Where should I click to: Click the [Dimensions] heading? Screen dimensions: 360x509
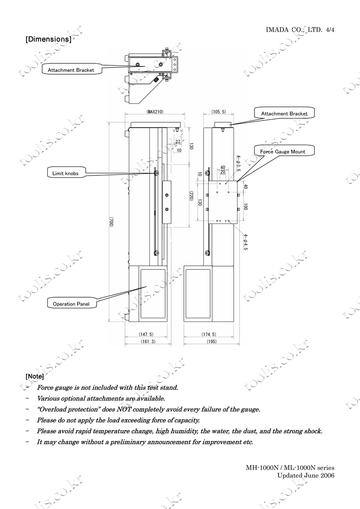tap(49, 39)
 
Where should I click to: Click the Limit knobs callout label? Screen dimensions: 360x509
tap(65, 174)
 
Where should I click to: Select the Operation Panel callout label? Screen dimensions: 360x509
tap(71, 304)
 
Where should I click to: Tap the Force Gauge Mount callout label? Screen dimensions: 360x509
tap(283, 152)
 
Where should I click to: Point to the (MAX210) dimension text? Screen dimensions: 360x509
tap(155, 112)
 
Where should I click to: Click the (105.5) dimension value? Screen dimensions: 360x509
tap(219, 112)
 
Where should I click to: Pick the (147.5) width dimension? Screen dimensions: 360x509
tap(146, 335)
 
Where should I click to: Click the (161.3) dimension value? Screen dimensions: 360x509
tap(148, 341)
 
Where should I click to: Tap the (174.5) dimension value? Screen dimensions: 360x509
tap(209, 335)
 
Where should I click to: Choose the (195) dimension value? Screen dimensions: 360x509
tap(211, 341)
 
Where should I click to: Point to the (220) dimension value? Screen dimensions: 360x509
tap(191, 196)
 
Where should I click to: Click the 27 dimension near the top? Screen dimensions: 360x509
tap(178, 142)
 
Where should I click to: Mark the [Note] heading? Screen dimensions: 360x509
tap(35, 376)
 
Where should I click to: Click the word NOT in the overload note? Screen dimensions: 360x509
tap(124, 409)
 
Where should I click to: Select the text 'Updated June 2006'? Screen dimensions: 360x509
tap(306, 476)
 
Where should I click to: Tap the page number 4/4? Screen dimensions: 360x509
tap(330, 30)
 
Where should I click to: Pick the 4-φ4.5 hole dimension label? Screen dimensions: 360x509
tap(246, 242)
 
